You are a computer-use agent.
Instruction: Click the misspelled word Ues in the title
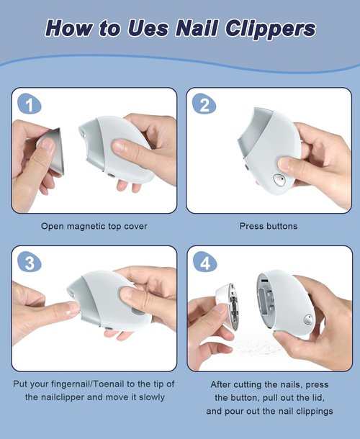148,28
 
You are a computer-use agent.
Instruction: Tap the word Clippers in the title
270,29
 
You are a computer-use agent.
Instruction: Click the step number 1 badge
29,104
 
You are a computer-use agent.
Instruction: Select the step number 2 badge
204,104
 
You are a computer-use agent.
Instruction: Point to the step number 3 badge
29,262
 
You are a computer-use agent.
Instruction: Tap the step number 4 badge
204,262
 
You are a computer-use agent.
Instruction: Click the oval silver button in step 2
279,180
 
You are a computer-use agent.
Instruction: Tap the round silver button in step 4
308,320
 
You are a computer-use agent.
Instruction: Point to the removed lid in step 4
228,306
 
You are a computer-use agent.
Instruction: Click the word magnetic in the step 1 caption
86,226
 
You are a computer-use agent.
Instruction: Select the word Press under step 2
250,226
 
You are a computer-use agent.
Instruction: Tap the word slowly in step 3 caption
152,397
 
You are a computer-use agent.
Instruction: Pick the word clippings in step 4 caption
315,411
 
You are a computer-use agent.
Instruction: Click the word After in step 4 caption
220,384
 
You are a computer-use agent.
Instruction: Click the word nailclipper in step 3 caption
61,397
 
